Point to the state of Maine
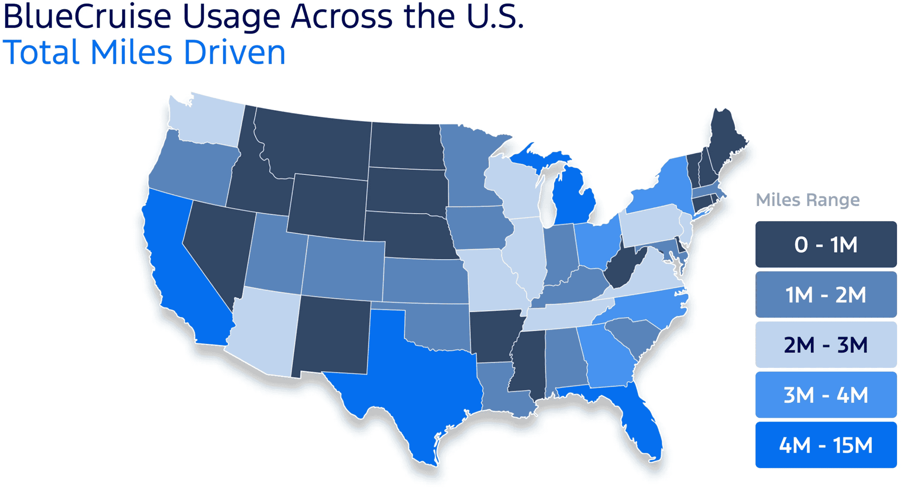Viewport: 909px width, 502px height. pyautogui.click(x=725, y=139)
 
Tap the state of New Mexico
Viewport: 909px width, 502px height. pyautogui.click(x=333, y=335)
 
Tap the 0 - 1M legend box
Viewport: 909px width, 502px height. pyautogui.click(x=826, y=244)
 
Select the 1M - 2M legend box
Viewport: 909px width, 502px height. pyautogui.click(x=826, y=295)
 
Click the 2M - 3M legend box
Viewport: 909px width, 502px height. pyautogui.click(x=826, y=345)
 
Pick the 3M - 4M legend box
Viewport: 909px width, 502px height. pyautogui.click(x=826, y=395)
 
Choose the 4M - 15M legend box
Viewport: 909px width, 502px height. pyautogui.click(x=826, y=445)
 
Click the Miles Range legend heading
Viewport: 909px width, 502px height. pyautogui.click(x=808, y=200)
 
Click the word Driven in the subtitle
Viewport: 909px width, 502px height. pyautogui.click(x=234, y=53)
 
